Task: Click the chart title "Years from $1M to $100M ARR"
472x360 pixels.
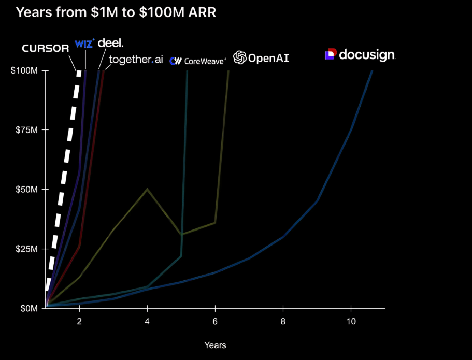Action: point(116,12)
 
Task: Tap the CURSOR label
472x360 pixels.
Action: point(46,49)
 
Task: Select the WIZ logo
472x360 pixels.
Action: point(84,44)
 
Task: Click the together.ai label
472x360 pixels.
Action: point(136,60)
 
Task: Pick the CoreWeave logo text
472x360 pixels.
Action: point(198,61)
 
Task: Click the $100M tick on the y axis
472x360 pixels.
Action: point(24,70)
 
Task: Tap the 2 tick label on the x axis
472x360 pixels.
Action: point(79,321)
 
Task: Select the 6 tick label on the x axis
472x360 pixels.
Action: point(215,321)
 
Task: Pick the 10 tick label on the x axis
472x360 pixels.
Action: point(351,321)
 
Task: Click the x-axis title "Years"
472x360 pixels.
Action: point(215,344)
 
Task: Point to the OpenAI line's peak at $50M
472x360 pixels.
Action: point(147,189)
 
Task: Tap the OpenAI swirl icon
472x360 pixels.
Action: point(240,57)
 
